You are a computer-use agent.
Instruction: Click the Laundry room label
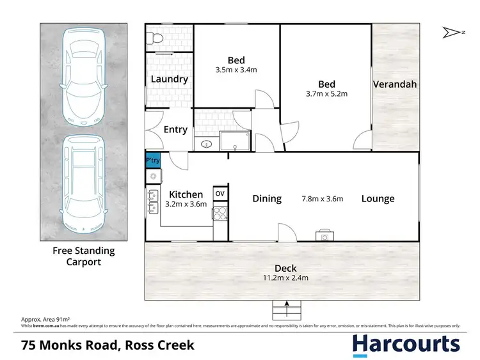pyautogui.click(x=169, y=79)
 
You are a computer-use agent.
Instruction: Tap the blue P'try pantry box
pyautogui.click(x=153, y=160)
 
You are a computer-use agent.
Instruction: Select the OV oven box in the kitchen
pyautogui.click(x=220, y=194)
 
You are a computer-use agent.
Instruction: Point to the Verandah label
pyautogui.click(x=395, y=84)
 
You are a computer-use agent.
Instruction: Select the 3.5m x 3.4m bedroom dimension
pyautogui.click(x=237, y=64)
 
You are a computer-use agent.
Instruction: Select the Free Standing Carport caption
pyautogui.click(x=83, y=256)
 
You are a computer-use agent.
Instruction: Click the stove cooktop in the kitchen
pyautogui.click(x=220, y=213)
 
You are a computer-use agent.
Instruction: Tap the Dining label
pyautogui.click(x=267, y=199)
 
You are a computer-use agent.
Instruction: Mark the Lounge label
pyautogui.click(x=378, y=199)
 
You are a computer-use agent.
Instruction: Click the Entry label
pyautogui.click(x=175, y=130)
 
